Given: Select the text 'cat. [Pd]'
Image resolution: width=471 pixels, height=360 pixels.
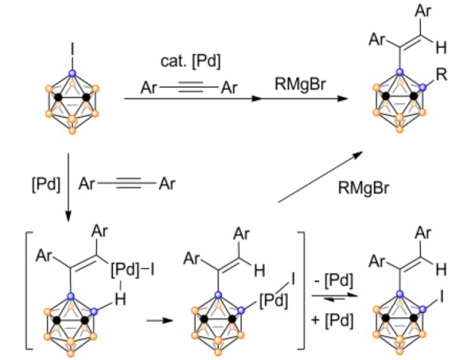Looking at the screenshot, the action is pos(191,61).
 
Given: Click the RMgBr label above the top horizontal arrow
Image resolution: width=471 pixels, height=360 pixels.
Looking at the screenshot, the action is pos(300,83).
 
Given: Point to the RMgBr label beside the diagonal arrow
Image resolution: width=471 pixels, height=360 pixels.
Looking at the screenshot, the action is pos(363,188).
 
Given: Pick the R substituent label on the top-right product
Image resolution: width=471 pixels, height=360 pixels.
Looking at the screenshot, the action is pos(441,74).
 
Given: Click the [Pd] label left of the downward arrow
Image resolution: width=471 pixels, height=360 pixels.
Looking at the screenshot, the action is pos(46,184).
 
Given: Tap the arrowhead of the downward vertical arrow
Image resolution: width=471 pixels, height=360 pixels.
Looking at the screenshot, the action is pos(68,218).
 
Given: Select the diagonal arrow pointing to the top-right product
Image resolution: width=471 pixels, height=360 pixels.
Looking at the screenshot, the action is pos(321,177).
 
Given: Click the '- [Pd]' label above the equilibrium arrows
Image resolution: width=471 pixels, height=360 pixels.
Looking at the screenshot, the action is pos(333,280).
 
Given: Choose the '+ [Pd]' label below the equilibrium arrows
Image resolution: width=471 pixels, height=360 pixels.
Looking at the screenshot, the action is pos(332,320).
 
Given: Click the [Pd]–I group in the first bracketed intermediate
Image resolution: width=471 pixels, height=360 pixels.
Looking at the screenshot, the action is pos(133,270).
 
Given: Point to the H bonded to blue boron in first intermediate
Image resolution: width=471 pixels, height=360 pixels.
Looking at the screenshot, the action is pos(120,299).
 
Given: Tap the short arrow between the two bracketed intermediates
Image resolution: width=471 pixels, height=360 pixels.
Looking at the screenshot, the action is pos(160,321).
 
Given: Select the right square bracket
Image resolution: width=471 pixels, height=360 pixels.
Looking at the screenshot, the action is pos(301,290).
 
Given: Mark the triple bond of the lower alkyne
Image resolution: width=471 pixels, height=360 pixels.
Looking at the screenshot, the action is pos(128,183).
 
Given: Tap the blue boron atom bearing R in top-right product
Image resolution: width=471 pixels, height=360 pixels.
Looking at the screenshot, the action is pos(423,87).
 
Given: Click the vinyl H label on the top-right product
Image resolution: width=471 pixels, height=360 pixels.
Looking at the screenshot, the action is pos(441,48).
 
